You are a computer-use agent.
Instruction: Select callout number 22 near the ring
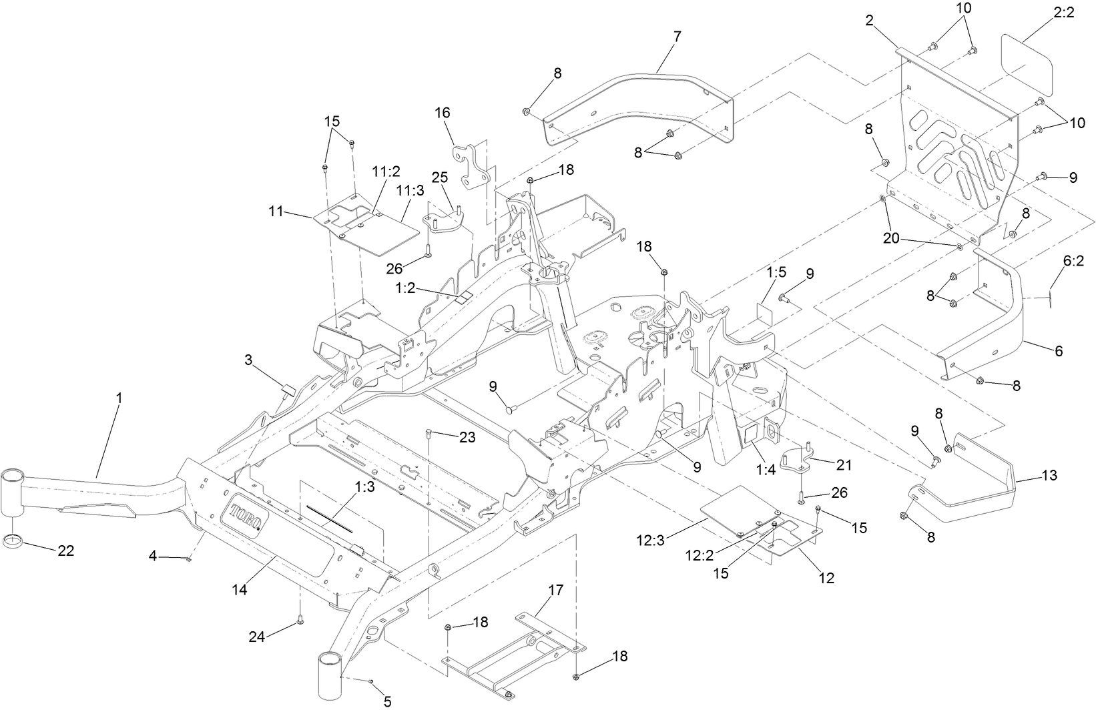pos(65,551)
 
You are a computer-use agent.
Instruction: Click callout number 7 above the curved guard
pos(677,37)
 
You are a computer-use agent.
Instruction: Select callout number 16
pos(443,112)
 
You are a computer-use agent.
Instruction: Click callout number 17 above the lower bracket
pos(555,590)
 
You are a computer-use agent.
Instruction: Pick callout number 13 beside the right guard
pos(1049,475)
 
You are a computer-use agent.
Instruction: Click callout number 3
pos(248,360)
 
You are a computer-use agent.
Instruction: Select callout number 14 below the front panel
pos(240,590)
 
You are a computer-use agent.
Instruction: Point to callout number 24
pos(257,637)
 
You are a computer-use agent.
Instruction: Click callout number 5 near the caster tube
pos(387,701)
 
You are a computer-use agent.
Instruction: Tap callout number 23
pos(467,437)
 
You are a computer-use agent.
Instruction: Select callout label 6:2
pos(1073,262)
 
